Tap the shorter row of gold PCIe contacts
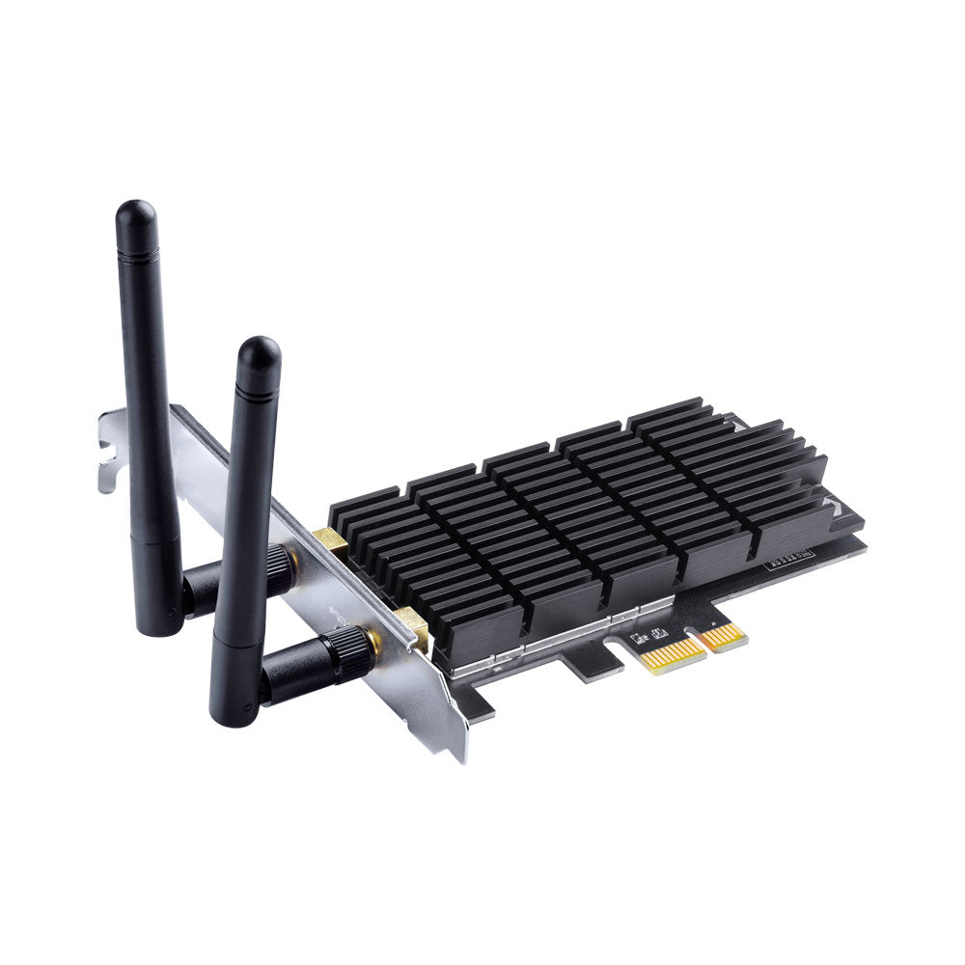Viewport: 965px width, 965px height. pyautogui.click(x=724, y=636)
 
